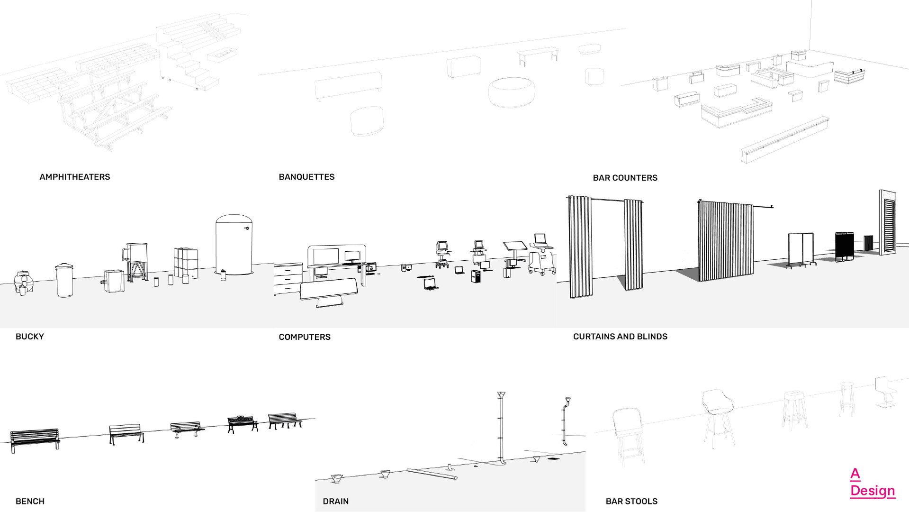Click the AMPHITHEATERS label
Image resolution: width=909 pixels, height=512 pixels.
click(75, 177)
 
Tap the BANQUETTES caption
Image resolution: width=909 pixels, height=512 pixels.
click(306, 177)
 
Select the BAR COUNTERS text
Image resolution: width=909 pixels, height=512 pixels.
click(625, 178)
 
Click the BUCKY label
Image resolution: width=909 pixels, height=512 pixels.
click(29, 337)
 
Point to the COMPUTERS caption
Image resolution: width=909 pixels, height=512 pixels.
click(305, 337)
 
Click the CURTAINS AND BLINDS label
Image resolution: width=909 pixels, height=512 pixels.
click(620, 337)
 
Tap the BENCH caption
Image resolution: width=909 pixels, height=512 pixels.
click(30, 501)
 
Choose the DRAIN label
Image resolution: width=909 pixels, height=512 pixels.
click(335, 501)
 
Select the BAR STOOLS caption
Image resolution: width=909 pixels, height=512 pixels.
click(631, 501)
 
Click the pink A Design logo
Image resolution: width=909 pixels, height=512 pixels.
click(872, 483)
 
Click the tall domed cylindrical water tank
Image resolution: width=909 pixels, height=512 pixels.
click(234, 245)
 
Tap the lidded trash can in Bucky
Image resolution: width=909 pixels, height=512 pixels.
click(64, 280)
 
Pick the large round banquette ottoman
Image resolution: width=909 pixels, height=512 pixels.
click(512, 92)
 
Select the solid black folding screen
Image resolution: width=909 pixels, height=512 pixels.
click(844, 246)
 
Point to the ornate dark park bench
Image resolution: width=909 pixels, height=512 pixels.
click(243, 423)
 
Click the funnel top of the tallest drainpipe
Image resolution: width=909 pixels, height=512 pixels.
click(501, 395)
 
